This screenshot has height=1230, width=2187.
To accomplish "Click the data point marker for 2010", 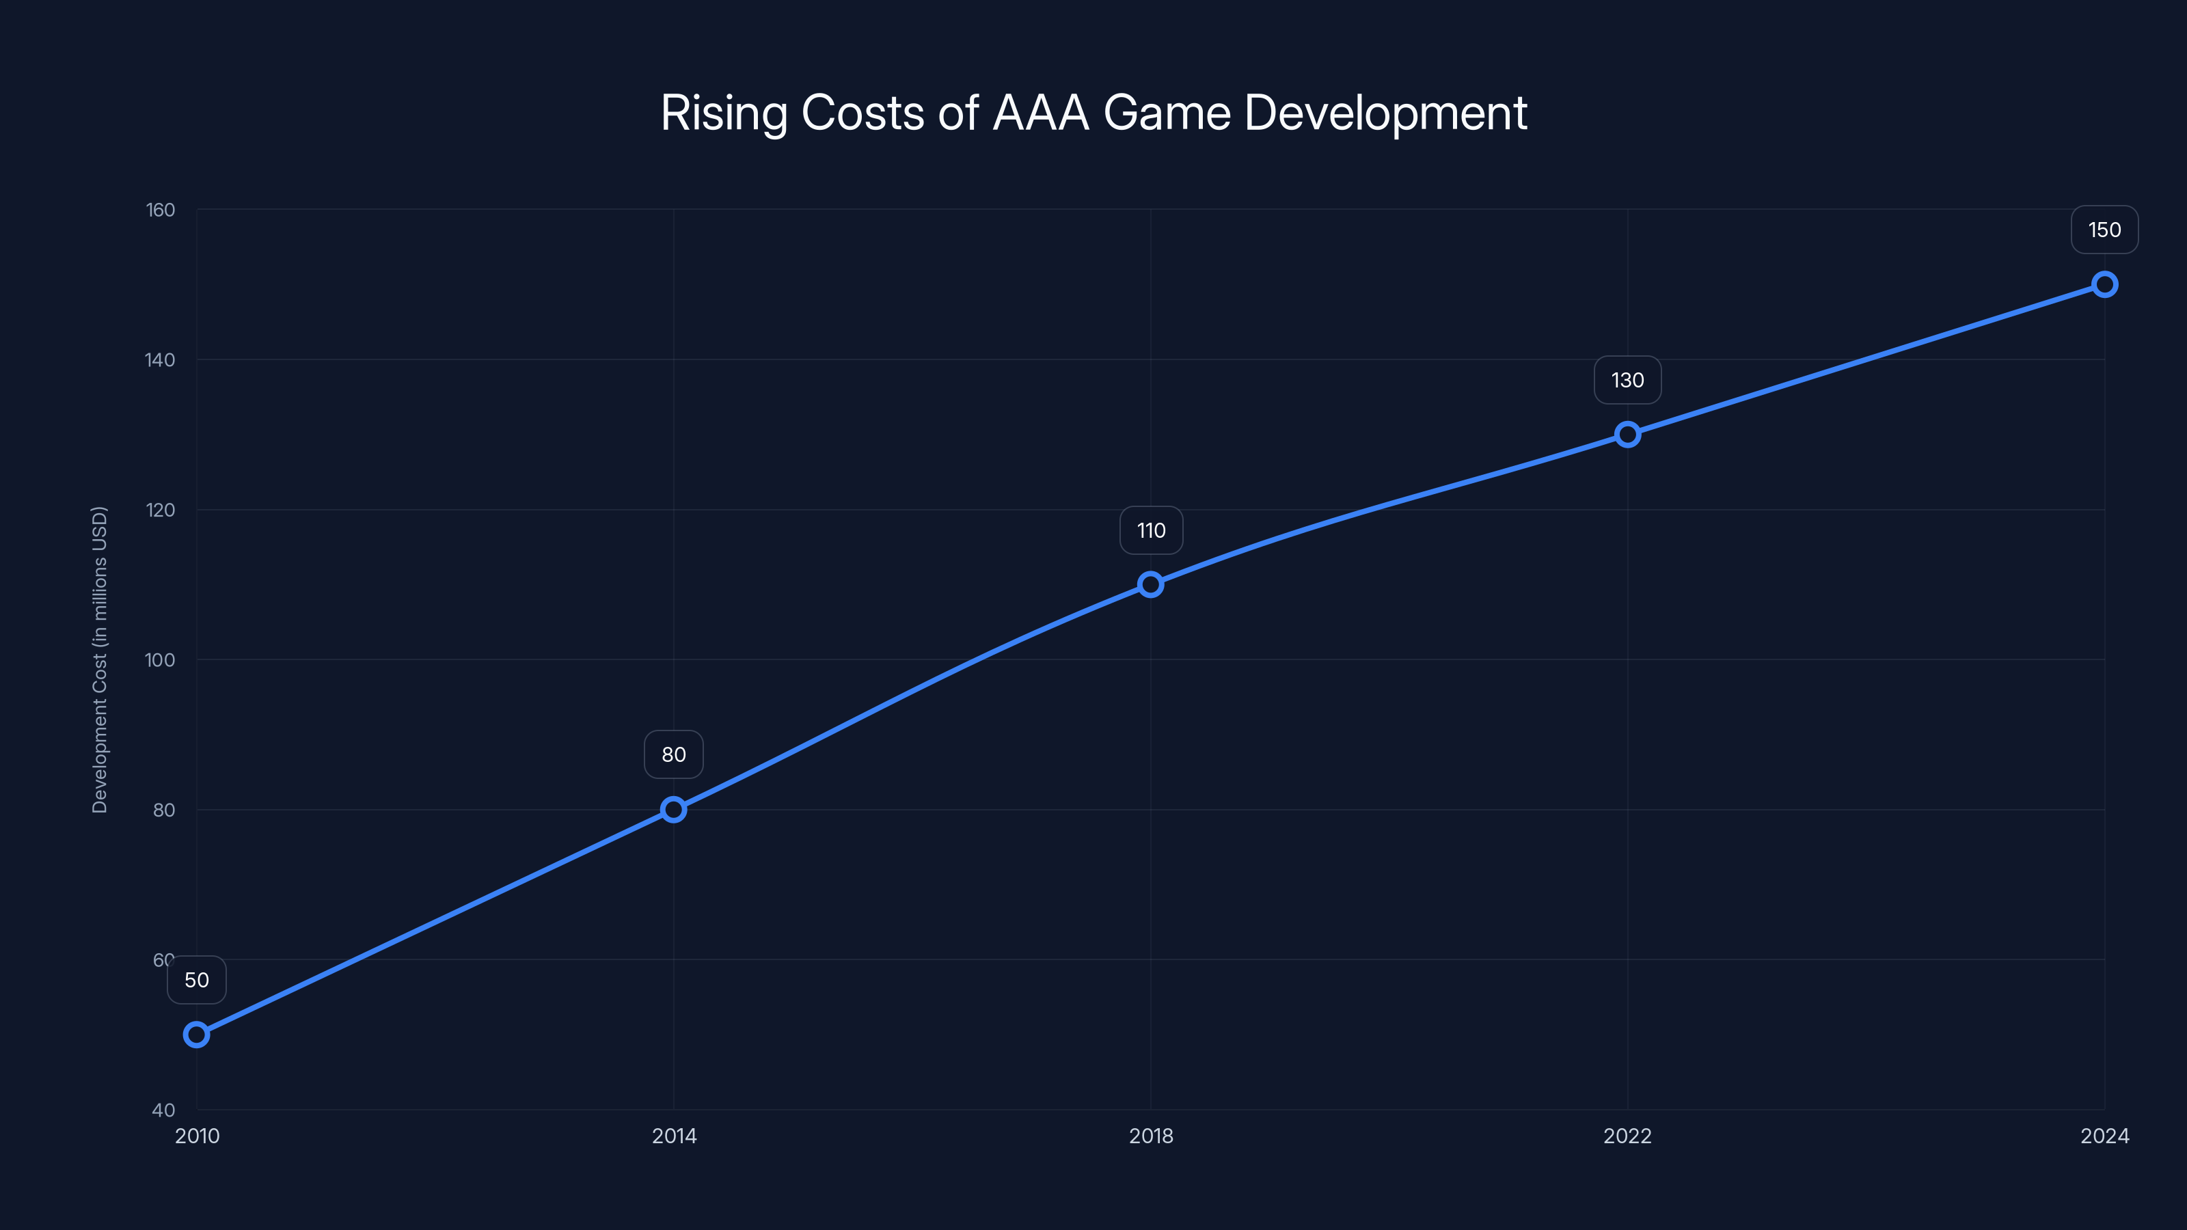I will click(196, 1034).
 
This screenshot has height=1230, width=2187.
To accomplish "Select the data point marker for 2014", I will click(673, 809).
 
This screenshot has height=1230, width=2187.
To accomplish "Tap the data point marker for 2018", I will click(1150, 584).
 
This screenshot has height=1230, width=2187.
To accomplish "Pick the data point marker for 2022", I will click(1627, 434).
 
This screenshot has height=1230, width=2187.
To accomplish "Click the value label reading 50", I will click(196, 980).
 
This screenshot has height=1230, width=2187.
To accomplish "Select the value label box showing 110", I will click(1150, 530).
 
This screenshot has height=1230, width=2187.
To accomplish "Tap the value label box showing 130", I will click(1627, 379).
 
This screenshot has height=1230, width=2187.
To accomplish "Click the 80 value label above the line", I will click(673, 754).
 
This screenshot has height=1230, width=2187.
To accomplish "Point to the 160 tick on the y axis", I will click(161, 210).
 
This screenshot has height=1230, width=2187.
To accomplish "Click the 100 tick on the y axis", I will click(161, 659).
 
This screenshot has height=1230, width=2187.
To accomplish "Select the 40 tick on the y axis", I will click(163, 1110).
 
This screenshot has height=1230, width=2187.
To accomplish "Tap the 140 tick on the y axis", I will click(161, 360).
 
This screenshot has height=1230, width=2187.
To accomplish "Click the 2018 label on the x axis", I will click(1150, 1136).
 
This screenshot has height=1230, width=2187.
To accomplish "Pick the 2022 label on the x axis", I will click(1627, 1136).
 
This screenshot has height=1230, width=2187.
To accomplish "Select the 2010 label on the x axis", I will click(197, 1136).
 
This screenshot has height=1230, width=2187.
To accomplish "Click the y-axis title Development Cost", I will click(99, 659).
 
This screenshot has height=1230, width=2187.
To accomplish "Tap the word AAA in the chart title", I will click(1041, 113).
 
